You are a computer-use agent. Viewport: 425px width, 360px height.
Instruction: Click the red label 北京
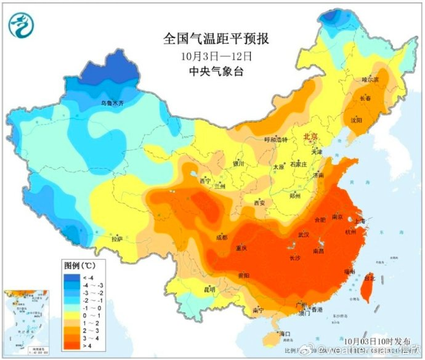click(x=312, y=138)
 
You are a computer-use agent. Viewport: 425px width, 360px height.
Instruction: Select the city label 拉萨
click(x=117, y=238)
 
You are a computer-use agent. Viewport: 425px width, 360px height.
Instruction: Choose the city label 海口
click(x=284, y=334)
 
